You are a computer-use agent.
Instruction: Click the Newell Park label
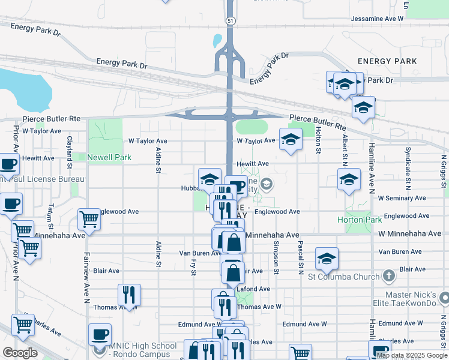coord(109,158)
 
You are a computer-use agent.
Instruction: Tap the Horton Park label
coord(360,220)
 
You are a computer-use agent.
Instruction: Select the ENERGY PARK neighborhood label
coord(387,61)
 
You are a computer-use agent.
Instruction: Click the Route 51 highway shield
coord(231,20)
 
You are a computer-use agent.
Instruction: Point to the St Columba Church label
coord(343,277)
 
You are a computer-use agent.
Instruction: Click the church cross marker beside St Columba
coord(389,276)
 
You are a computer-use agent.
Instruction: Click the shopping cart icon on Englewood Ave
coord(89,219)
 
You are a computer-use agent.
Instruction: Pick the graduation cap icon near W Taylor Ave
coord(291,140)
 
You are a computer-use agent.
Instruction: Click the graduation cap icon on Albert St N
coord(349,179)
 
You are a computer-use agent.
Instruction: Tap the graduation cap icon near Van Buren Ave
coord(327,259)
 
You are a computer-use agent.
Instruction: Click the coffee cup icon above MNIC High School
coord(100,334)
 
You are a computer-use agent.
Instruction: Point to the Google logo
coord(20,353)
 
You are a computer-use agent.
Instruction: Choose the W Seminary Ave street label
coord(402,198)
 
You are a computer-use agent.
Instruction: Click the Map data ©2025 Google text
coord(412,355)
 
